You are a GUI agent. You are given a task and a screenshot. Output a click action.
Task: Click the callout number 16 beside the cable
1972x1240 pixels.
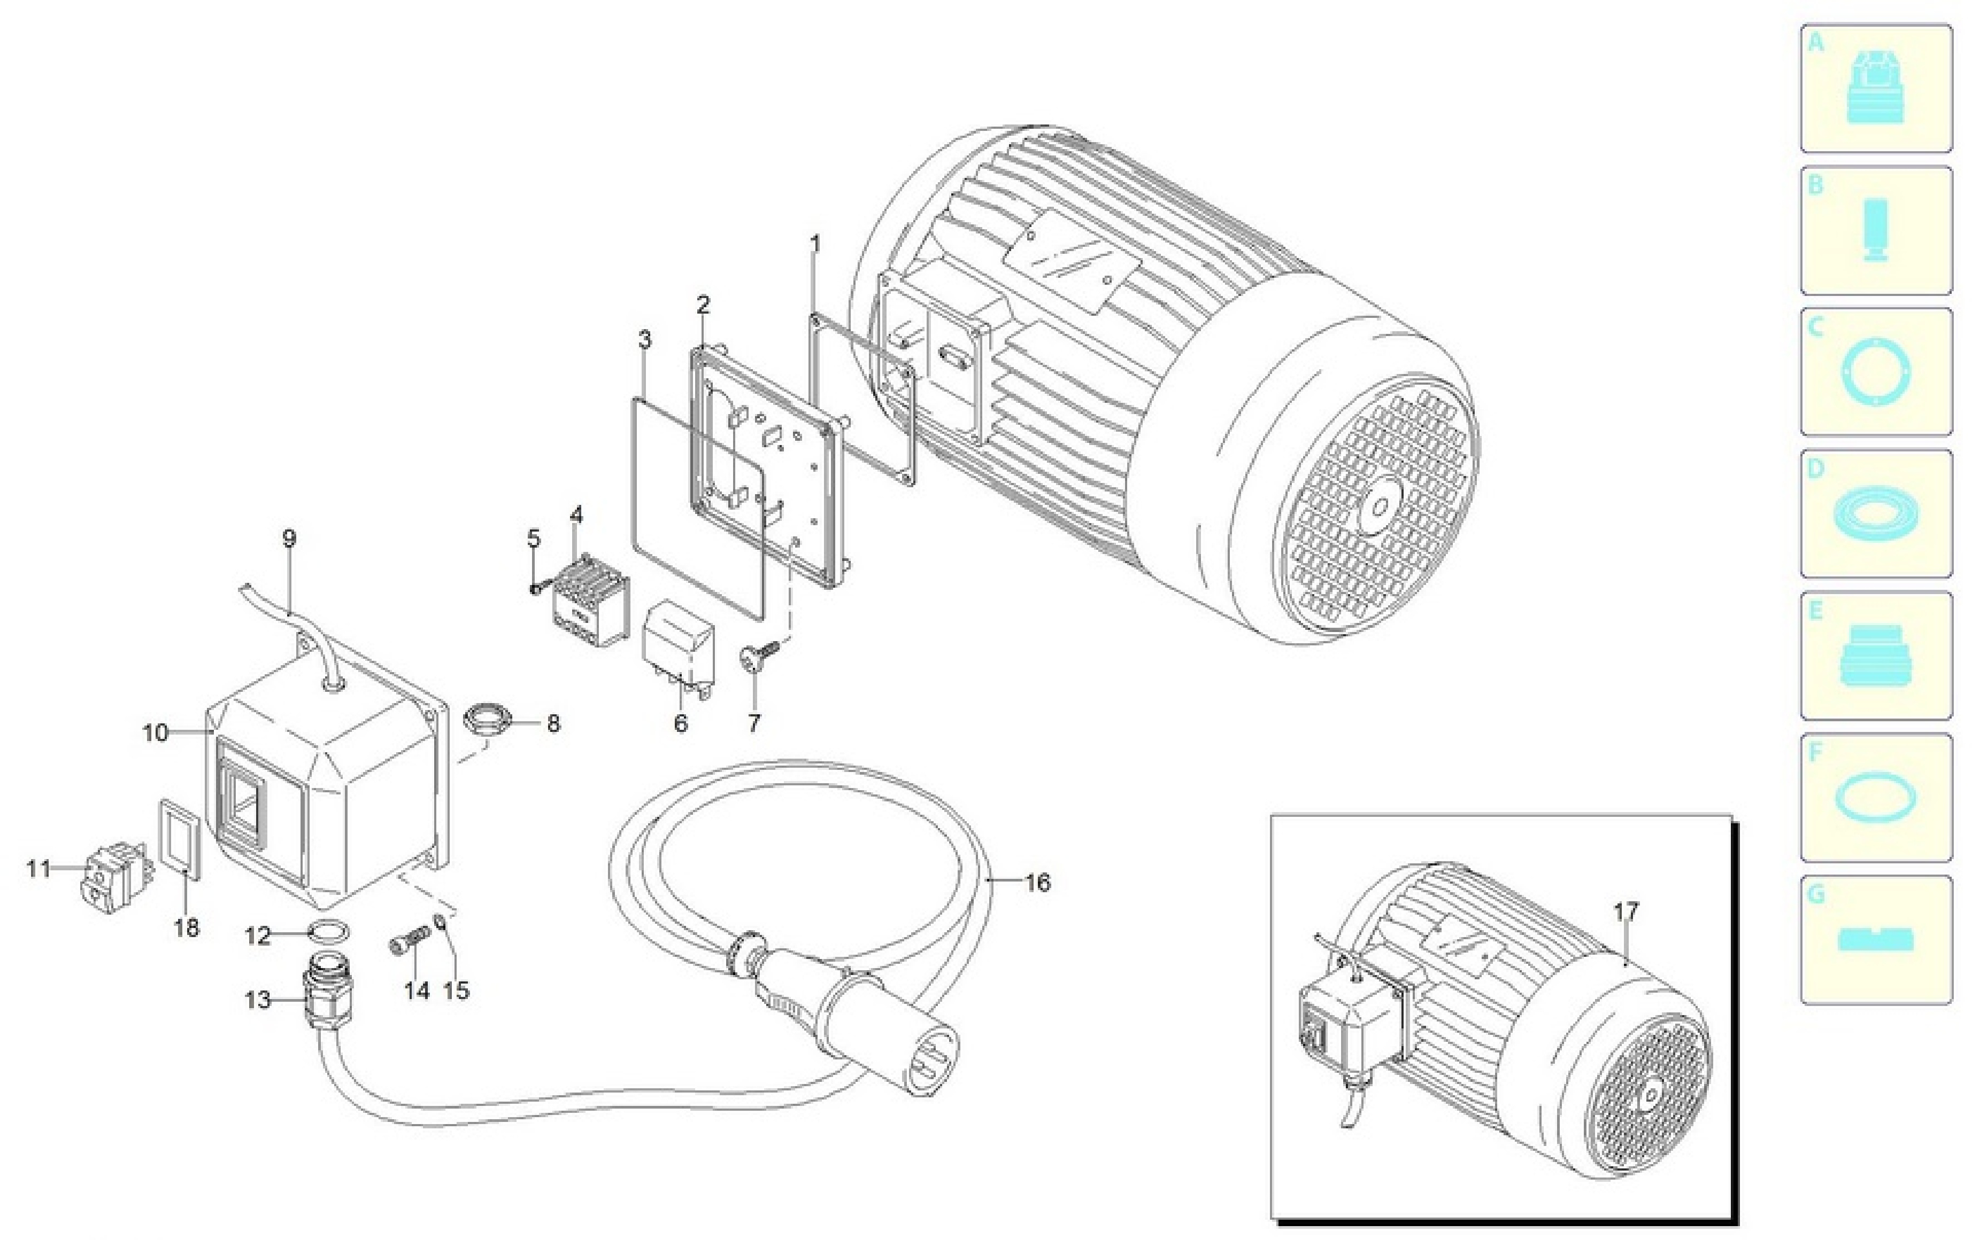coord(1037,883)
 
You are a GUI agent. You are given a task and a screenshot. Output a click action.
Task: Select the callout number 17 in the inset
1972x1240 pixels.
coord(1627,911)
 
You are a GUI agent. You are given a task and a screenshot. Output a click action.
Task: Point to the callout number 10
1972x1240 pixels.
coord(155,732)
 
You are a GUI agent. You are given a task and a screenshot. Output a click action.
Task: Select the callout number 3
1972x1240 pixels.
coord(645,339)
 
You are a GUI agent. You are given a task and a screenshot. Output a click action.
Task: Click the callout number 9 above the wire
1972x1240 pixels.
coord(289,538)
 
